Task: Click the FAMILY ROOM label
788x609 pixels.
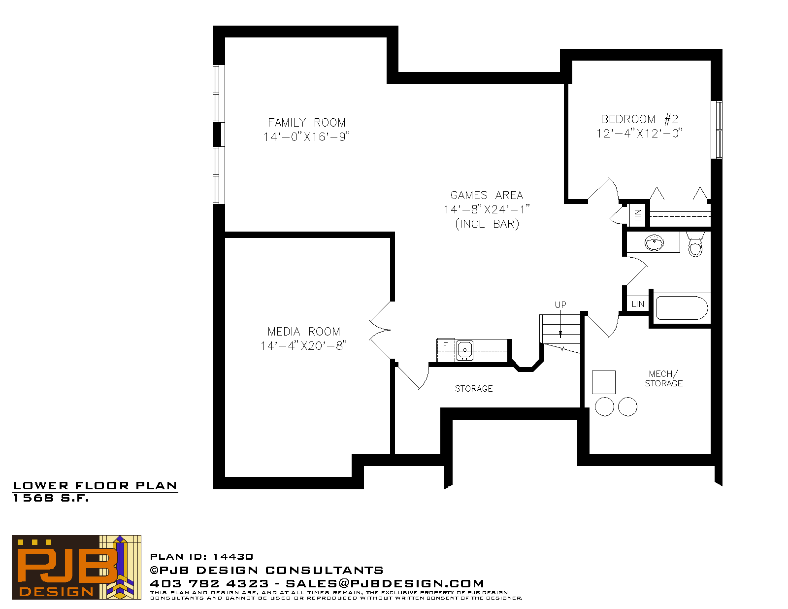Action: click(306, 123)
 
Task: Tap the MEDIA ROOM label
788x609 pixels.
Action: click(303, 332)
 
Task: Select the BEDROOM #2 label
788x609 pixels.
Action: click(639, 119)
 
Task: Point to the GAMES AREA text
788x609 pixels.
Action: click(487, 195)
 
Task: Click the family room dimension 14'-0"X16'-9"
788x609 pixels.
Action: click(306, 137)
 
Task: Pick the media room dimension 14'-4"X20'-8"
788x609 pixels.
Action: click(303, 346)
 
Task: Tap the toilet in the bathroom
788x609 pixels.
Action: click(695, 244)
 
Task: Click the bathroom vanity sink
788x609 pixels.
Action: click(654, 242)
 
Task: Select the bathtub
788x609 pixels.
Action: click(682, 308)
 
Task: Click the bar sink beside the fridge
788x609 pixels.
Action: click(464, 350)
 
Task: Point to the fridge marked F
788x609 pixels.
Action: click(446, 350)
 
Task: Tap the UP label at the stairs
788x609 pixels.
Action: click(560, 304)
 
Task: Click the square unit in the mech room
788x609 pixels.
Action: click(603, 382)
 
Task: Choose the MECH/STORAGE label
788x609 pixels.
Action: click(663, 378)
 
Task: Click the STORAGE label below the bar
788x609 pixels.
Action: click(474, 388)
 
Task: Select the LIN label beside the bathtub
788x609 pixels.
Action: click(638, 304)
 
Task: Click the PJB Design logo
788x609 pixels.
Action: click(76, 567)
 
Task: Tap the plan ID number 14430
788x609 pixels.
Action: click(233, 557)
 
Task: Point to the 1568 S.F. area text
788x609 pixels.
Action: click(51, 498)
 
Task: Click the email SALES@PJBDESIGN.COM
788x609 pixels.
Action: click(385, 583)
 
